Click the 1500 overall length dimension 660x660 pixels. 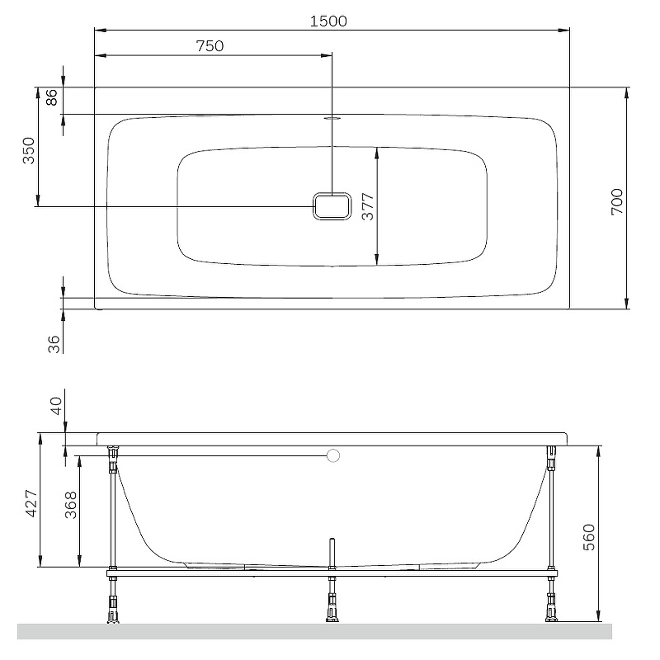point(328,21)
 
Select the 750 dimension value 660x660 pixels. point(210,46)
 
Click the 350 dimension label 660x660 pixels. point(29,151)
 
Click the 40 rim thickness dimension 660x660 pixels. point(55,405)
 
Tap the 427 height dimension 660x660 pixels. point(30,502)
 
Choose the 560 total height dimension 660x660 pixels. point(588,538)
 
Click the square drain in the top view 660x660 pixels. point(332,206)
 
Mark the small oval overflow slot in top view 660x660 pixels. point(332,118)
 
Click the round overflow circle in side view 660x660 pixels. point(333,455)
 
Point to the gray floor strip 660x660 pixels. point(313,631)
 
